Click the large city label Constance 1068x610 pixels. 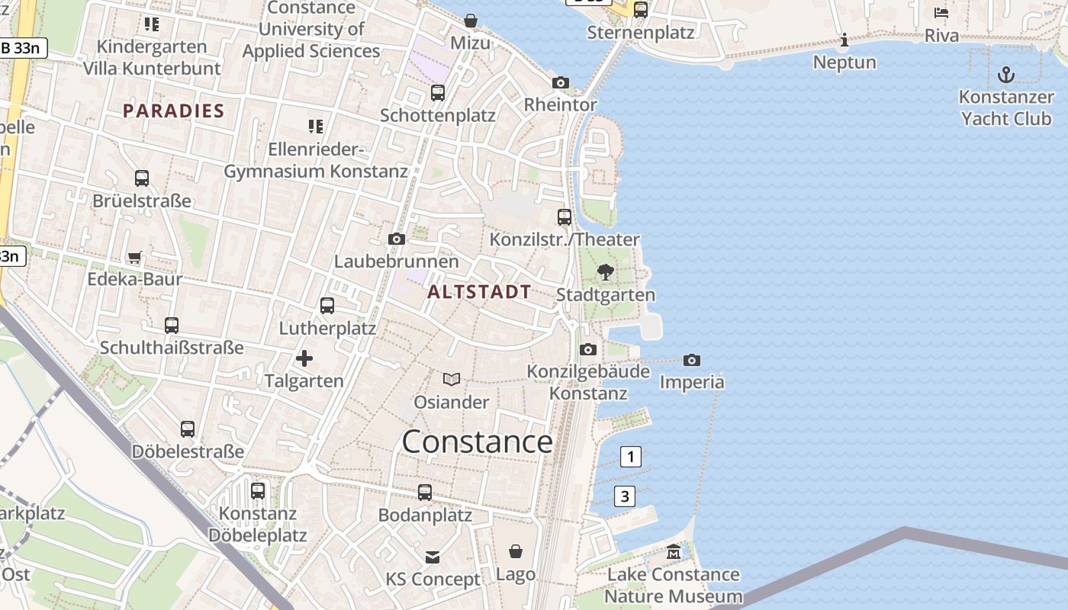[477, 442]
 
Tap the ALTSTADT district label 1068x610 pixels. [479, 291]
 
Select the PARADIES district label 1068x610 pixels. [174, 111]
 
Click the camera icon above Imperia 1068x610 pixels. [692, 360]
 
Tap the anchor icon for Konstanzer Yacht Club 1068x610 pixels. [1006, 75]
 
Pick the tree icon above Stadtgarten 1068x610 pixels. [606, 272]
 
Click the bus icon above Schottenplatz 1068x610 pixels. [438, 93]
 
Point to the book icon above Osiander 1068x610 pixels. [452, 379]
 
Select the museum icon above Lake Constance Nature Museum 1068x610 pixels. [674, 551]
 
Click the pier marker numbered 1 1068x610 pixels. [630, 457]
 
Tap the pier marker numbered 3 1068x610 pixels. [625, 496]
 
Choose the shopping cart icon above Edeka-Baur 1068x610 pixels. [135, 257]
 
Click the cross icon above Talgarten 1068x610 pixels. [304, 358]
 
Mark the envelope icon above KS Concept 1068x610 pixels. [433, 557]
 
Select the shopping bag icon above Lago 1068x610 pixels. [516, 551]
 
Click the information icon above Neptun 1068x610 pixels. [844, 40]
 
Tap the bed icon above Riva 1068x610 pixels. [941, 13]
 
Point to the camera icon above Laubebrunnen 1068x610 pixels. [397, 239]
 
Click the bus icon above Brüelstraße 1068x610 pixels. [142, 178]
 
